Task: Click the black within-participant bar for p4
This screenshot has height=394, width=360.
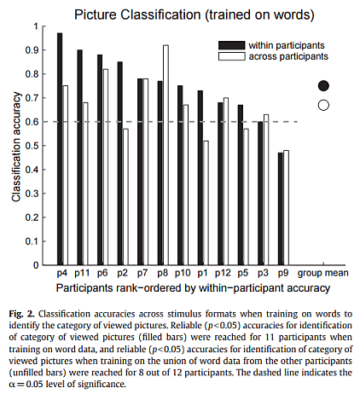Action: click(x=60, y=149)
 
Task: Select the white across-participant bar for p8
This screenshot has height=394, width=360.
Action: click(x=165, y=155)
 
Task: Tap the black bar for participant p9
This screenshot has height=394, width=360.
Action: click(x=281, y=209)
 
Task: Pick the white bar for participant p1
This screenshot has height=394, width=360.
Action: click(x=206, y=203)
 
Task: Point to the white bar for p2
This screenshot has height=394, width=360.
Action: click(x=125, y=197)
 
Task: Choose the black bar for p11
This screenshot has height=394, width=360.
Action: click(x=80, y=157)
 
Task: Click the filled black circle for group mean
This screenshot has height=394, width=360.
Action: click(x=323, y=85)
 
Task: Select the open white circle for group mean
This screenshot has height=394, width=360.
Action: click(x=323, y=105)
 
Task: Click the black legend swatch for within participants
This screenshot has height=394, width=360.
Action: click(x=231, y=45)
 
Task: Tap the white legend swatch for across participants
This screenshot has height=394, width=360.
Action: click(x=231, y=56)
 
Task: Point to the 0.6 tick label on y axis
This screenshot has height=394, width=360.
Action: click(x=32, y=122)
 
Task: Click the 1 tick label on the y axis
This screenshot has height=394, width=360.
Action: click(x=36, y=26)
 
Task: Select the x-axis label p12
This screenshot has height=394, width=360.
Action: click(x=223, y=273)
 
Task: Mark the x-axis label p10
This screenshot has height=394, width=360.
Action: click(x=183, y=273)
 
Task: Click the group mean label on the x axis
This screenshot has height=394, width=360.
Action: click(x=323, y=273)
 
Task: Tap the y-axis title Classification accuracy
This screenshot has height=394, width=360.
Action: click(x=16, y=147)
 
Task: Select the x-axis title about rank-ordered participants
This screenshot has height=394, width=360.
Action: click(x=193, y=288)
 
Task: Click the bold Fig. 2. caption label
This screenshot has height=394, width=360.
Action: click(x=22, y=314)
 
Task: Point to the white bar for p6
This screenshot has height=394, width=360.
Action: click(x=105, y=167)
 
